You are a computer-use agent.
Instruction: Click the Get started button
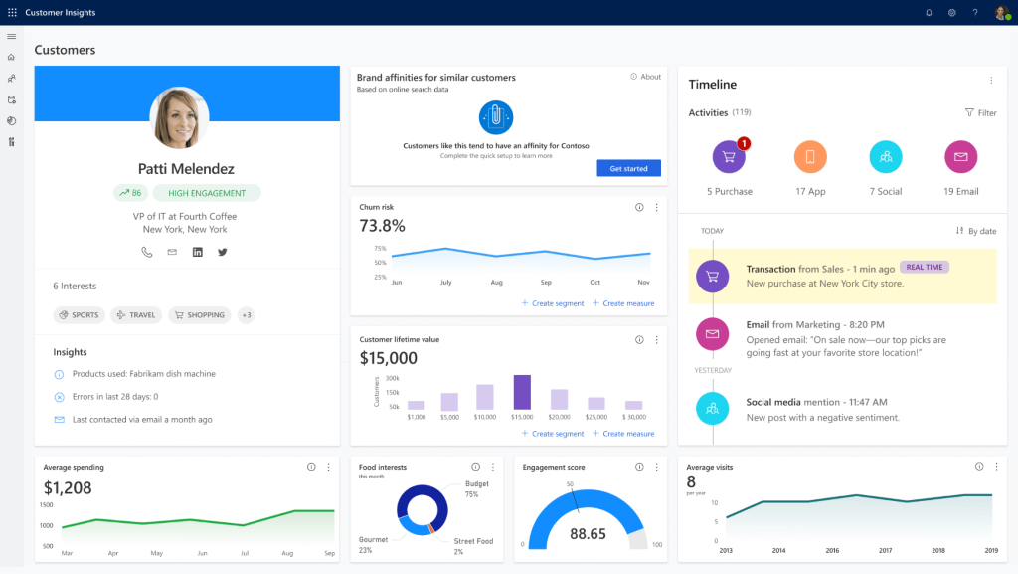tap(628, 169)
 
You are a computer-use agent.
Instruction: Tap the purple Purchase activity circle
tap(729, 157)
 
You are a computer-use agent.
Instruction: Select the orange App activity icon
tap(810, 157)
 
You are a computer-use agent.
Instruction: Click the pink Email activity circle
tap(961, 157)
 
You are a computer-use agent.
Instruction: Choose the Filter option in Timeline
tap(980, 113)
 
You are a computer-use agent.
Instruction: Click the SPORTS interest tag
tap(79, 315)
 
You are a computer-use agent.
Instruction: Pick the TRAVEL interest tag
tap(136, 315)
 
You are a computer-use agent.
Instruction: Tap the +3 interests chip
tap(246, 315)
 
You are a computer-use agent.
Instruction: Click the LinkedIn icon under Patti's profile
tap(198, 252)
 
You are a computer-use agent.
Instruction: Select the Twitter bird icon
tap(223, 252)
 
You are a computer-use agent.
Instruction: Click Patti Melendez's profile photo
tap(179, 117)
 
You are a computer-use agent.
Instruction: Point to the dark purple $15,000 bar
tap(522, 392)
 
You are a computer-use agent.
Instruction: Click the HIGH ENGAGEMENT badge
tap(207, 193)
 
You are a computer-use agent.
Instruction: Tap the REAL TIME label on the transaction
tap(925, 267)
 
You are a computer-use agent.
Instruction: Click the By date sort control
tap(976, 231)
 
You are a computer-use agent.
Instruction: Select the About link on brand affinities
tap(646, 77)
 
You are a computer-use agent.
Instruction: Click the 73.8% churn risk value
tap(383, 226)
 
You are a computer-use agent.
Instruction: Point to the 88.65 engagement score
tap(589, 534)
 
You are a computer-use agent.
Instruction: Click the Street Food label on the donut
tap(473, 541)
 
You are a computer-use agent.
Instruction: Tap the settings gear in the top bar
tap(951, 13)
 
